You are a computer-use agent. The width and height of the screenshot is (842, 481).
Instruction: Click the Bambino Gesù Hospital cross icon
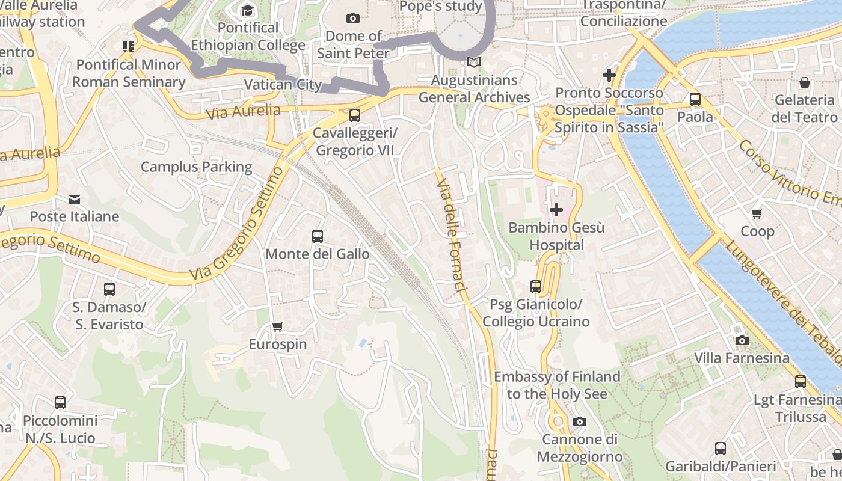tap(556, 210)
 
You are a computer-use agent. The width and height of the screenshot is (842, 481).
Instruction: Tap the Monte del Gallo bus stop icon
tap(318, 236)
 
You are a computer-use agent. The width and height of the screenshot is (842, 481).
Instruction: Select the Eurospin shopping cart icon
tap(277, 326)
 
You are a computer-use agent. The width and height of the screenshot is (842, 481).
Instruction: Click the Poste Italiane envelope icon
tap(75, 199)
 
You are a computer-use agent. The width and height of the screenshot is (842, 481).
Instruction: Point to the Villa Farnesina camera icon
tap(742, 340)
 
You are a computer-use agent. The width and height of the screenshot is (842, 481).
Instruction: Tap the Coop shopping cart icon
tap(757, 213)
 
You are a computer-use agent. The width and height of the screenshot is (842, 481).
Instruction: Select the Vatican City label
tap(283, 84)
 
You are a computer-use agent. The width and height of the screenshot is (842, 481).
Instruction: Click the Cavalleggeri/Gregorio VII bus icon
tap(355, 115)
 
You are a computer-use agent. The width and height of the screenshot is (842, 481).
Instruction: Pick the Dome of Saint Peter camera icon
tap(353, 18)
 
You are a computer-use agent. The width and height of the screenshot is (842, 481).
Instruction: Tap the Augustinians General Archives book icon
tap(474, 62)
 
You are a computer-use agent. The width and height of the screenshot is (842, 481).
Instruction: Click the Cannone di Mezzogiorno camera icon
tap(579, 421)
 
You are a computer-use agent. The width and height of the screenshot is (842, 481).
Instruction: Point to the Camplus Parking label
tap(196, 167)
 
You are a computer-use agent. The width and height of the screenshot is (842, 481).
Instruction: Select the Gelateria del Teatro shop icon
tap(805, 82)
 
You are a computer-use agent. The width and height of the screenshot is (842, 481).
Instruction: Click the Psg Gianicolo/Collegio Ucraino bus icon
tap(536, 287)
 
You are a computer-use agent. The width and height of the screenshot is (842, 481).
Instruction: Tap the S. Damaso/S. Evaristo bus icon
tap(109, 289)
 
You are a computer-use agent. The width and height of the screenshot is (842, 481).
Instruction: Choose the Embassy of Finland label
tap(557, 385)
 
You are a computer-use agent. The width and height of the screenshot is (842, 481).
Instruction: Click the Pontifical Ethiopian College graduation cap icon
tap(247, 10)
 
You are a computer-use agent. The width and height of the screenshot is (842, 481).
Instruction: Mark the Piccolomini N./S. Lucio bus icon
tap(60, 403)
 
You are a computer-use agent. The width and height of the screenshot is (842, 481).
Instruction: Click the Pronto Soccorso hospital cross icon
tap(609, 75)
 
